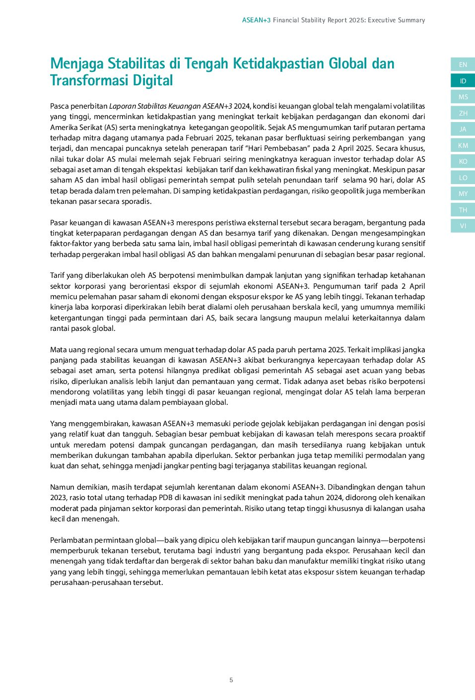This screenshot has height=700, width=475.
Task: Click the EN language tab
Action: (463, 64)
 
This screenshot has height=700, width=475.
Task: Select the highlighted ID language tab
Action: (463, 81)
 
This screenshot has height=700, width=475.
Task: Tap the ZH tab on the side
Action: (463, 113)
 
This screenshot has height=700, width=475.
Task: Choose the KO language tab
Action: (463, 161)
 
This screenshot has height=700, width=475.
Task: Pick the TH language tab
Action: (463, 210)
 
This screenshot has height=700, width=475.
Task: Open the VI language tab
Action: (463, 226)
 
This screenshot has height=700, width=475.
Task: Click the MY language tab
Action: (463, 193)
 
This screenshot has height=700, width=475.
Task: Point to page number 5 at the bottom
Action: (231, 680)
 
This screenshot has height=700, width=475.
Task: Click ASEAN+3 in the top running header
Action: (256, 20)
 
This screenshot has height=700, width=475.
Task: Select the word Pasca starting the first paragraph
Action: (59, 106)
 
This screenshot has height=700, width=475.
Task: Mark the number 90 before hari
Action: (373, 180)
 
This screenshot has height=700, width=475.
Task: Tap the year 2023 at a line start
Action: (58, 498)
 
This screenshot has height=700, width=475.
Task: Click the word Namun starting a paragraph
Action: (61, 487)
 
